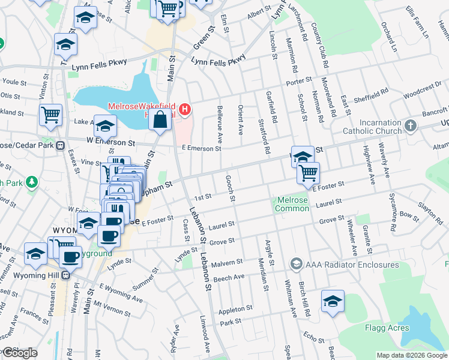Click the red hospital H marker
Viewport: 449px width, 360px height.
(185, 109)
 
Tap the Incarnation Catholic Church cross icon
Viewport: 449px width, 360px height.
(411, 125)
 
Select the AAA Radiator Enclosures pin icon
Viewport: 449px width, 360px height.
(296, 264)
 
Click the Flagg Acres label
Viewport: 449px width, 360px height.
(387, 328)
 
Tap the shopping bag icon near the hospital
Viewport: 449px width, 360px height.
(160, 119)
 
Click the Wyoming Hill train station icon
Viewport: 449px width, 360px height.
(65, 275)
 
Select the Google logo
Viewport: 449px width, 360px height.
(19, 353)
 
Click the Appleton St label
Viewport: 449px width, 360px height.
(236, 309)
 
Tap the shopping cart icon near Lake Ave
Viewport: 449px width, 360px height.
(50, 115)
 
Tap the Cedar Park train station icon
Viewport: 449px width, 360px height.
(60, 145)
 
